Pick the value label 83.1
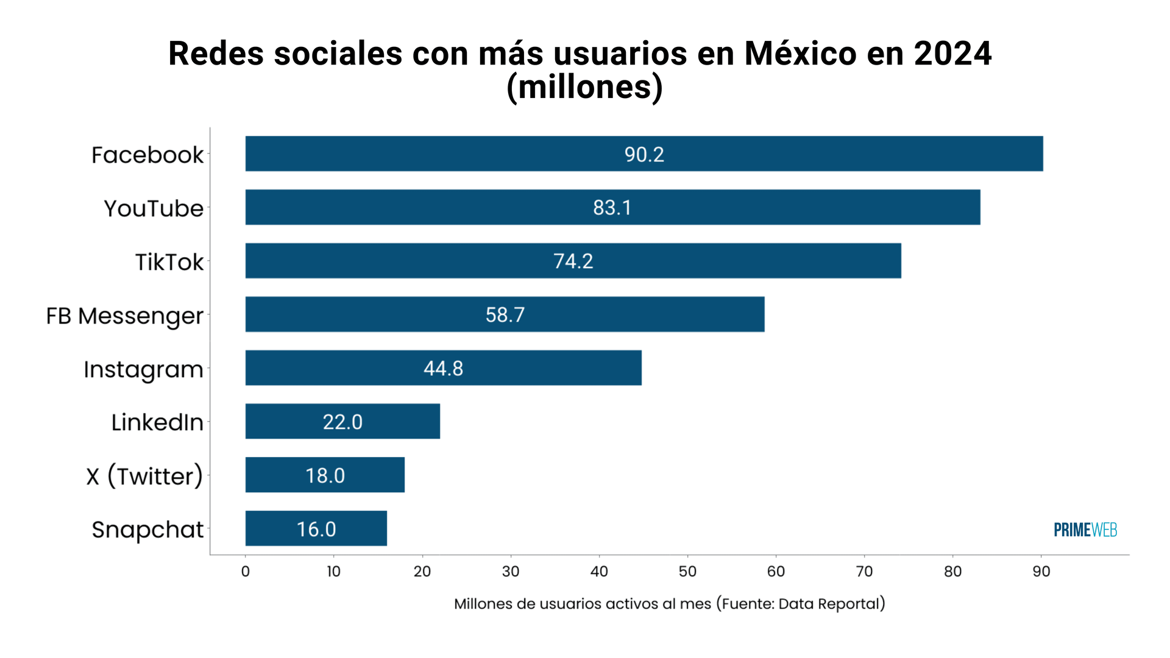612,208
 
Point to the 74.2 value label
573,261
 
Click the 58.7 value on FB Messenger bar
505,315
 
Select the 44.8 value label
443,369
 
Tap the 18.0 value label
325,476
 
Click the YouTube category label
154,208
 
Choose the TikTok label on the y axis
169,262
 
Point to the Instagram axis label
143,369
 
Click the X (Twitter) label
144,476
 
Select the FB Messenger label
124,316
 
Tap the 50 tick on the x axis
687,571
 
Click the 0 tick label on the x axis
245,571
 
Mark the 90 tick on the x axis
1041,571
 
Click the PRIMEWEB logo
1085,530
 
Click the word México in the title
800,54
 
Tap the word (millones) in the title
584,87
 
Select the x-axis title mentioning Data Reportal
669,604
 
